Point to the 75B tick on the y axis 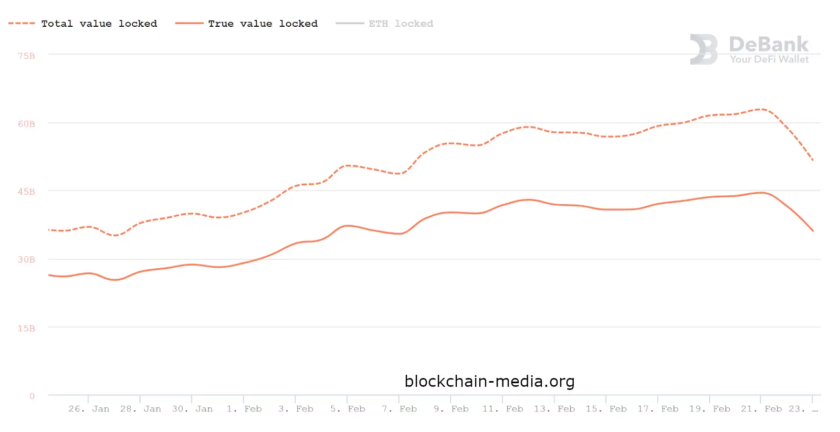26,56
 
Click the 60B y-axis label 26,124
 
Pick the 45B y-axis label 26,192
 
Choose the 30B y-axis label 26,259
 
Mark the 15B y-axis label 26,328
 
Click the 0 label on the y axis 32,396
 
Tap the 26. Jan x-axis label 89,409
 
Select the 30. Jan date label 192,409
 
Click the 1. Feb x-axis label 244,409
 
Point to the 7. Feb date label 399,409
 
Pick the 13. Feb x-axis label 554,409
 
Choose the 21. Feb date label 761,409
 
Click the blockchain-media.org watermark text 489,381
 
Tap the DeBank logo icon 703,49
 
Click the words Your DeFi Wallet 769,59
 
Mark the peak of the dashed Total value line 761,109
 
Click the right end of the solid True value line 813,230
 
